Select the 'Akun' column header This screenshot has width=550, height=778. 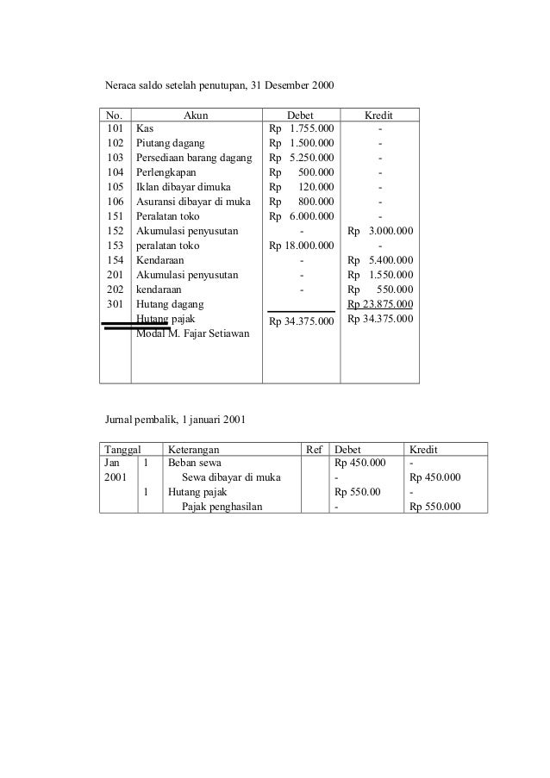pos(197,115)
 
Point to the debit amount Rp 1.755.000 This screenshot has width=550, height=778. pos(302,129)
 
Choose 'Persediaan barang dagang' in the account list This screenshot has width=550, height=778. pos(194,159)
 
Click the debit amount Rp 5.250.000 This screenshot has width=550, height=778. pos(302,159)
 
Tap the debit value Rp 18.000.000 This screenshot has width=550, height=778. pos(302,246)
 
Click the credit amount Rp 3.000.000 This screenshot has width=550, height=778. pos(380,231)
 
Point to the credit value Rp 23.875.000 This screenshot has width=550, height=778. pos(380,304)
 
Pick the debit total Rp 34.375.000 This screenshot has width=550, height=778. pos(302,322)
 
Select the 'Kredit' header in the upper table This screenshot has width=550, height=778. pos(380,115)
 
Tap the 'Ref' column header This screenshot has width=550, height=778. pos(314,449)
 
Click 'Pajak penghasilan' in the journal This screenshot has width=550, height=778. pos(222,507)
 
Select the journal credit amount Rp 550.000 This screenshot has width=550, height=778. pos(435,507)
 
